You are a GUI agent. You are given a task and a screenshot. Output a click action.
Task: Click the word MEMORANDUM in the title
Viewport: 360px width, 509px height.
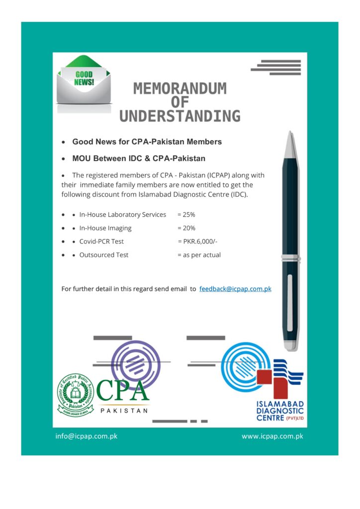[x=180, y=89]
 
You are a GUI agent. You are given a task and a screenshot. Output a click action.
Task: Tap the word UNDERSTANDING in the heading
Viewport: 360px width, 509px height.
[x=180, y=116]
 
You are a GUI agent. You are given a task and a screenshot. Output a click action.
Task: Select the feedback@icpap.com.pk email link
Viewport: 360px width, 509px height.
[x=235, y=289]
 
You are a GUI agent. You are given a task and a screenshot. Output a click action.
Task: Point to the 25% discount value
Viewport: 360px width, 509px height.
[x=186, y=215]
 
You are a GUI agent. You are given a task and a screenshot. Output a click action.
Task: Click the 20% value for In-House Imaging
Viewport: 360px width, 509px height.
[x=186, y=228]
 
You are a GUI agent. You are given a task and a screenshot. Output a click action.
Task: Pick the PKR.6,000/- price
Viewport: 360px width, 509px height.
[x=197, y=242]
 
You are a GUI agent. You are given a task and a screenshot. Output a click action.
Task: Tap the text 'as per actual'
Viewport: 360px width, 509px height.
[x=199, y=255]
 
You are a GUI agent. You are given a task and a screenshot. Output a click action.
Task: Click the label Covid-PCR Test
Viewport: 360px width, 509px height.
[x=101, y=242]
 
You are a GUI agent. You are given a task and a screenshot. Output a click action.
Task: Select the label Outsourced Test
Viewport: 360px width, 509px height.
[x=103, y=255]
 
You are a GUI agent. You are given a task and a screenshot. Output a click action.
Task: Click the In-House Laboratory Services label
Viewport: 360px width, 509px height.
[x=122, y=215]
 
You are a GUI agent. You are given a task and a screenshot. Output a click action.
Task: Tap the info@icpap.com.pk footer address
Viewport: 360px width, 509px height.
[x=86, y=436]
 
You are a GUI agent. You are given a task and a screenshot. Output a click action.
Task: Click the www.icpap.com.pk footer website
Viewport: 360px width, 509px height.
[x=272, y=436]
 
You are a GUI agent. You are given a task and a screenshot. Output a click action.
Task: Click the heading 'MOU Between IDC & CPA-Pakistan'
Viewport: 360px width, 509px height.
[x=139, y=159]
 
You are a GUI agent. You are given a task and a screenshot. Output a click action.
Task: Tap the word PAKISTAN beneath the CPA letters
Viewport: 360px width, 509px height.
[x=124, y=411]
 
